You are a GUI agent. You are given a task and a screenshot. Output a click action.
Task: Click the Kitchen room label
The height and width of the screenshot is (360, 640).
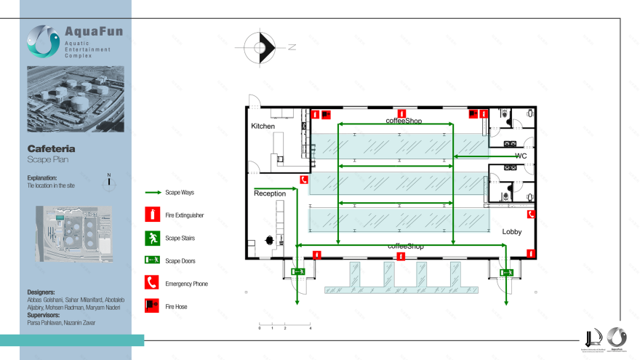coord(263,127)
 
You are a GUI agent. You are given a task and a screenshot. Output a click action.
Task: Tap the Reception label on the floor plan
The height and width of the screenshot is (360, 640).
coord(270,193)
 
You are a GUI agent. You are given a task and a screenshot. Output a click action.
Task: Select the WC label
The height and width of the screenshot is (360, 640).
coord(521,156)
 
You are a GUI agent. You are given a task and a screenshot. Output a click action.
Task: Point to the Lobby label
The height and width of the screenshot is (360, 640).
coord(512,231)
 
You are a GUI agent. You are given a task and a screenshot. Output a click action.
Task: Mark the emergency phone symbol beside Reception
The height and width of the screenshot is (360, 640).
coord(303,180)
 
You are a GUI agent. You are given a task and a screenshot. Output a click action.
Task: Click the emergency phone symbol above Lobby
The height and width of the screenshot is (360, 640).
coord(532,214)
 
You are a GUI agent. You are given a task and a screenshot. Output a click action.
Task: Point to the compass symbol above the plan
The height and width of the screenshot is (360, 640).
coord(260,48)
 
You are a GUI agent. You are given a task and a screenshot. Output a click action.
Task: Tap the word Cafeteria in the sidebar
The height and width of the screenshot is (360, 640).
coord(51,149)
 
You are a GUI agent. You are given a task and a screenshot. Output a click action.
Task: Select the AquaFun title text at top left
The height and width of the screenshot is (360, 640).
coord(92,32)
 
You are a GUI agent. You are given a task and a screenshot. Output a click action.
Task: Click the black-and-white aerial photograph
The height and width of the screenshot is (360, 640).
coord(75,99)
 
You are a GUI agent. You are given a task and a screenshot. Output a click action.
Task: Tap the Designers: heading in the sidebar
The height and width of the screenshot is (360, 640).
coord(44,292)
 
